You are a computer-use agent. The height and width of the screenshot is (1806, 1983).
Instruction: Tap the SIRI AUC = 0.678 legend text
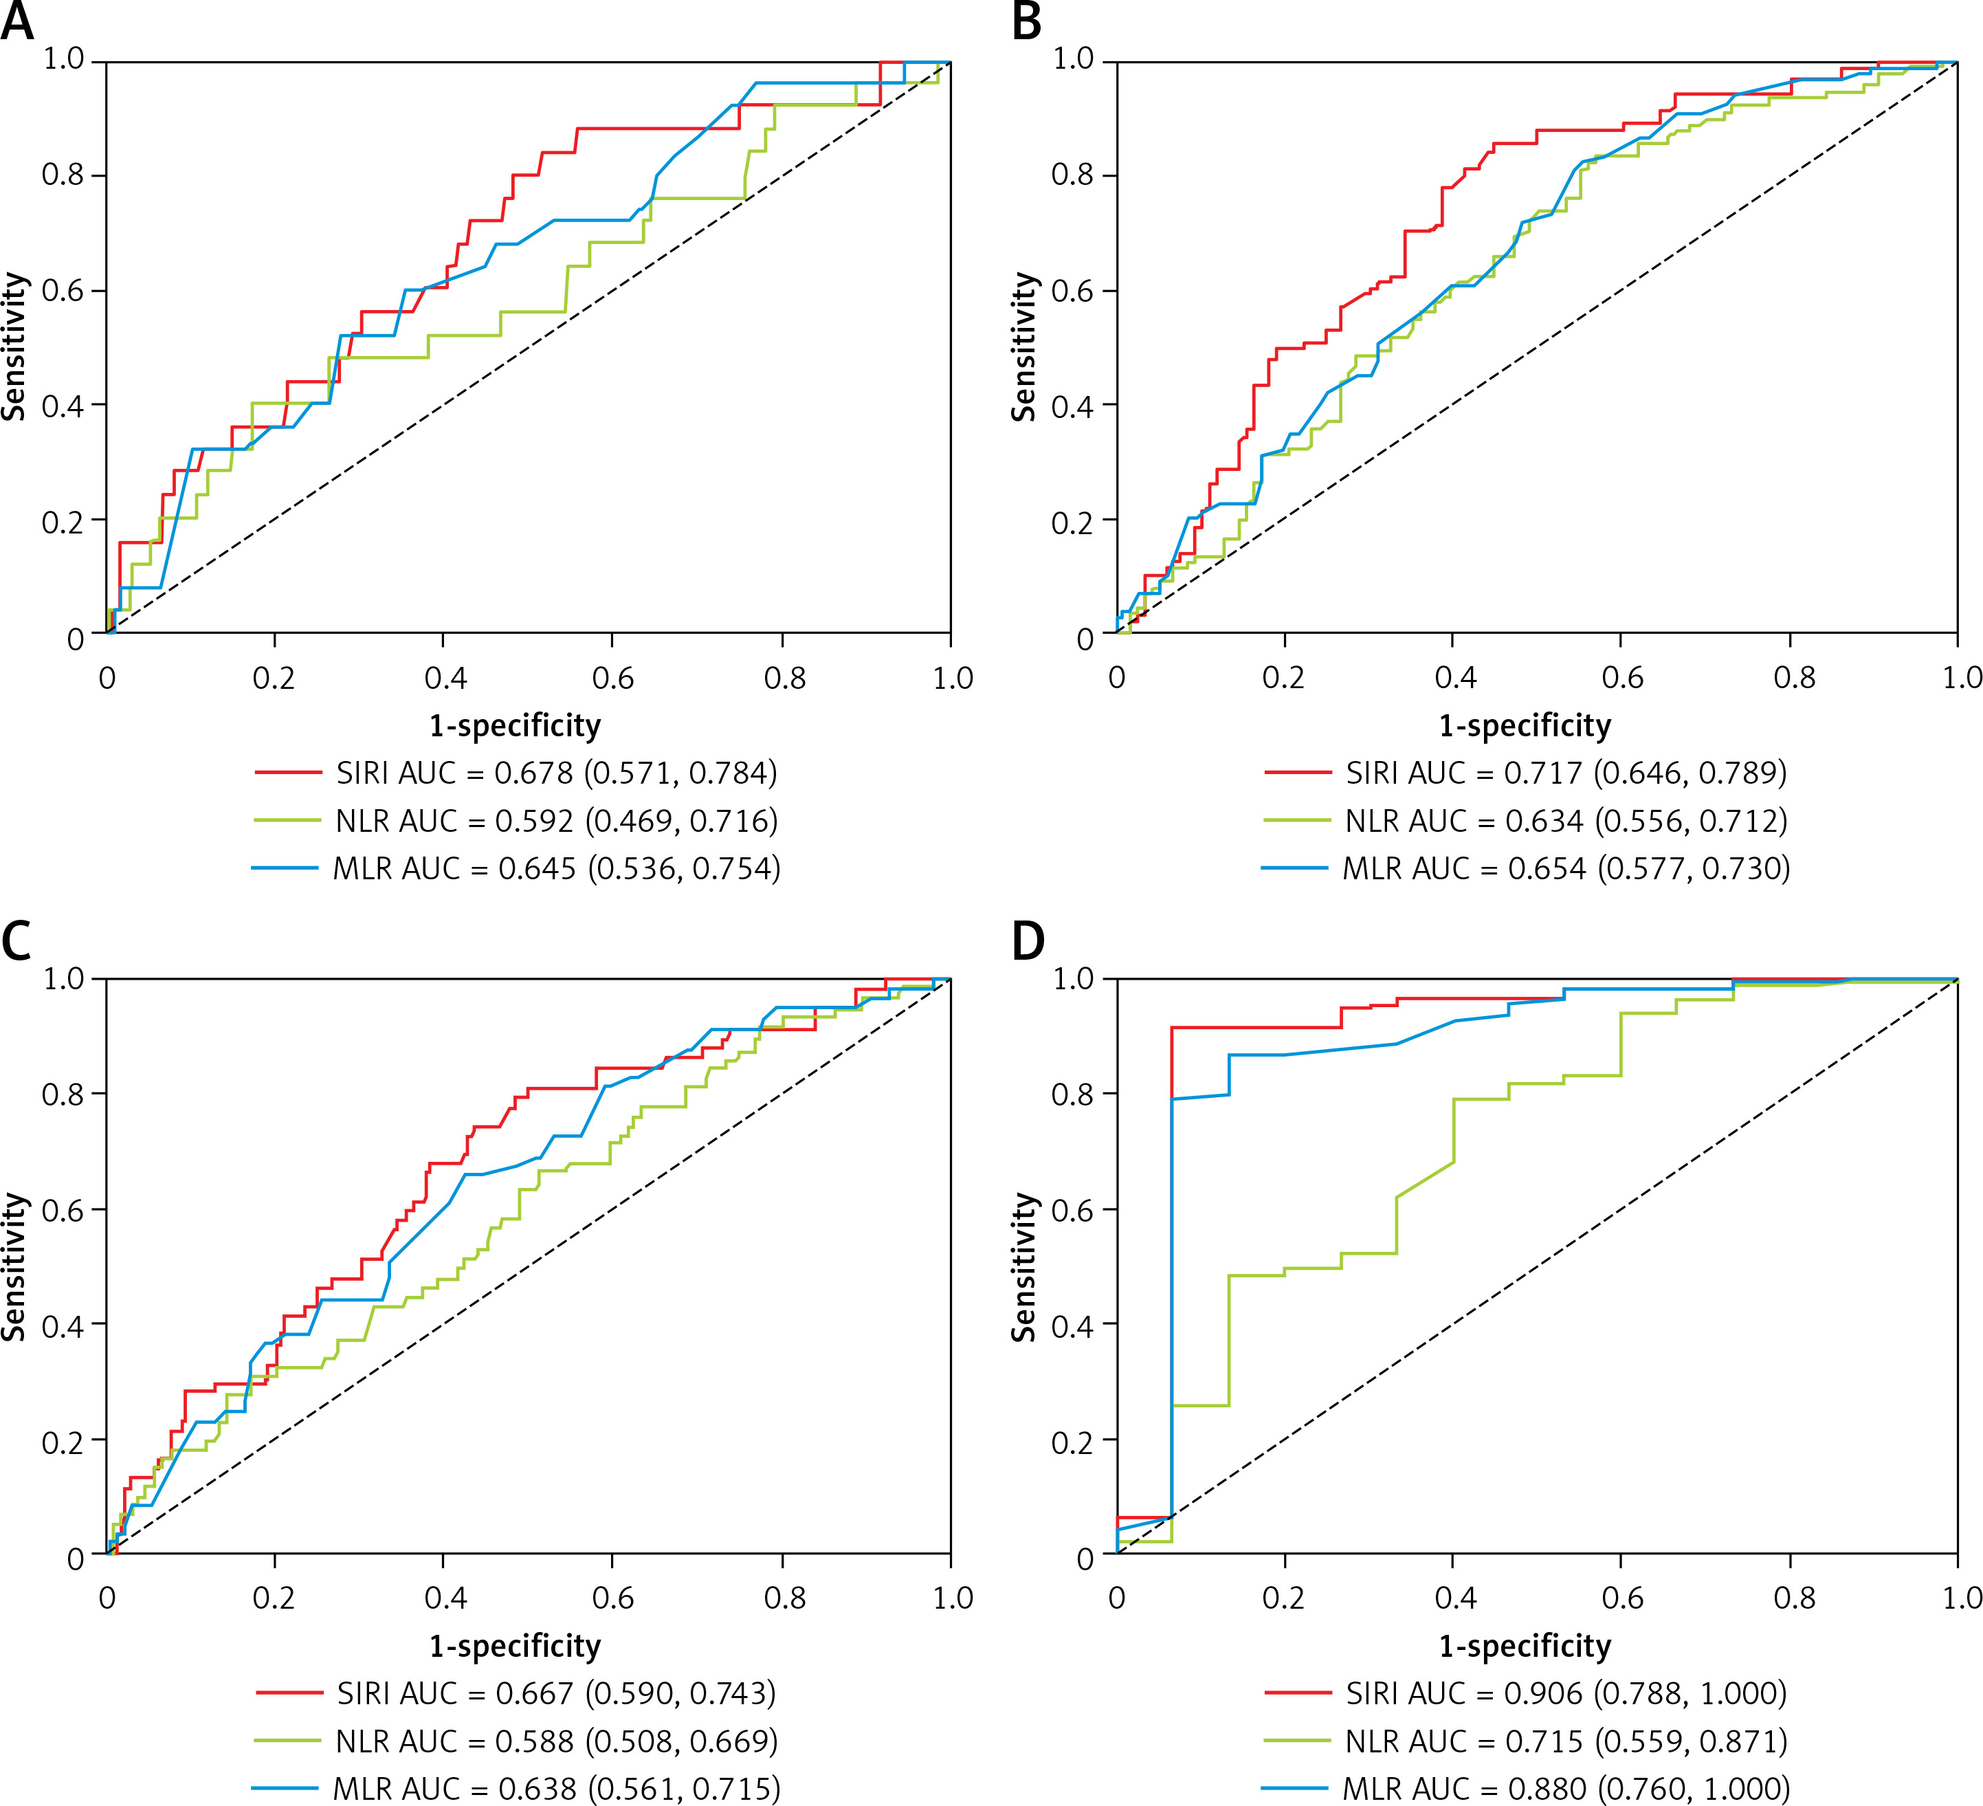(557, 773)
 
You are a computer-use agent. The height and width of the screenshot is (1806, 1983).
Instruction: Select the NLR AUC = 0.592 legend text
(557, 820)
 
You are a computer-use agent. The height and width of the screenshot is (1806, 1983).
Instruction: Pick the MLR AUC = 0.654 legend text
(1566, 868)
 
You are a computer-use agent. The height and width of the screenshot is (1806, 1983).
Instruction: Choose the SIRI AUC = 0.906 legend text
(1566, 1693)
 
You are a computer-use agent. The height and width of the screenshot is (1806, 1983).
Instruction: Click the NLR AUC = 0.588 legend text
(557, 1741)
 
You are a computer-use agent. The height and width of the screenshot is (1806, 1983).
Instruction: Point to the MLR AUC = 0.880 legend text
(1566, 1788)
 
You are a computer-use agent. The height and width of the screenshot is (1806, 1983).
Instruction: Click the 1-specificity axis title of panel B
(1525, 726)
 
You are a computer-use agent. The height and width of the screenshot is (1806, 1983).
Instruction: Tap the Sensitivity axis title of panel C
(14, 1267)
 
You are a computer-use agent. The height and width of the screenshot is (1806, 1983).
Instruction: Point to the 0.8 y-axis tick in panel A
(62, 176)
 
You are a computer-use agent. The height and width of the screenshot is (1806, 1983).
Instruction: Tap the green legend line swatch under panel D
(1298, 1741)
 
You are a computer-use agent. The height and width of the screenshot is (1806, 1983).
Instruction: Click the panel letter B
(1027, 21)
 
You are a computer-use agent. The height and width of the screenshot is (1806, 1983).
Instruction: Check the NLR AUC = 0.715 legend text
(1566, 1741)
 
